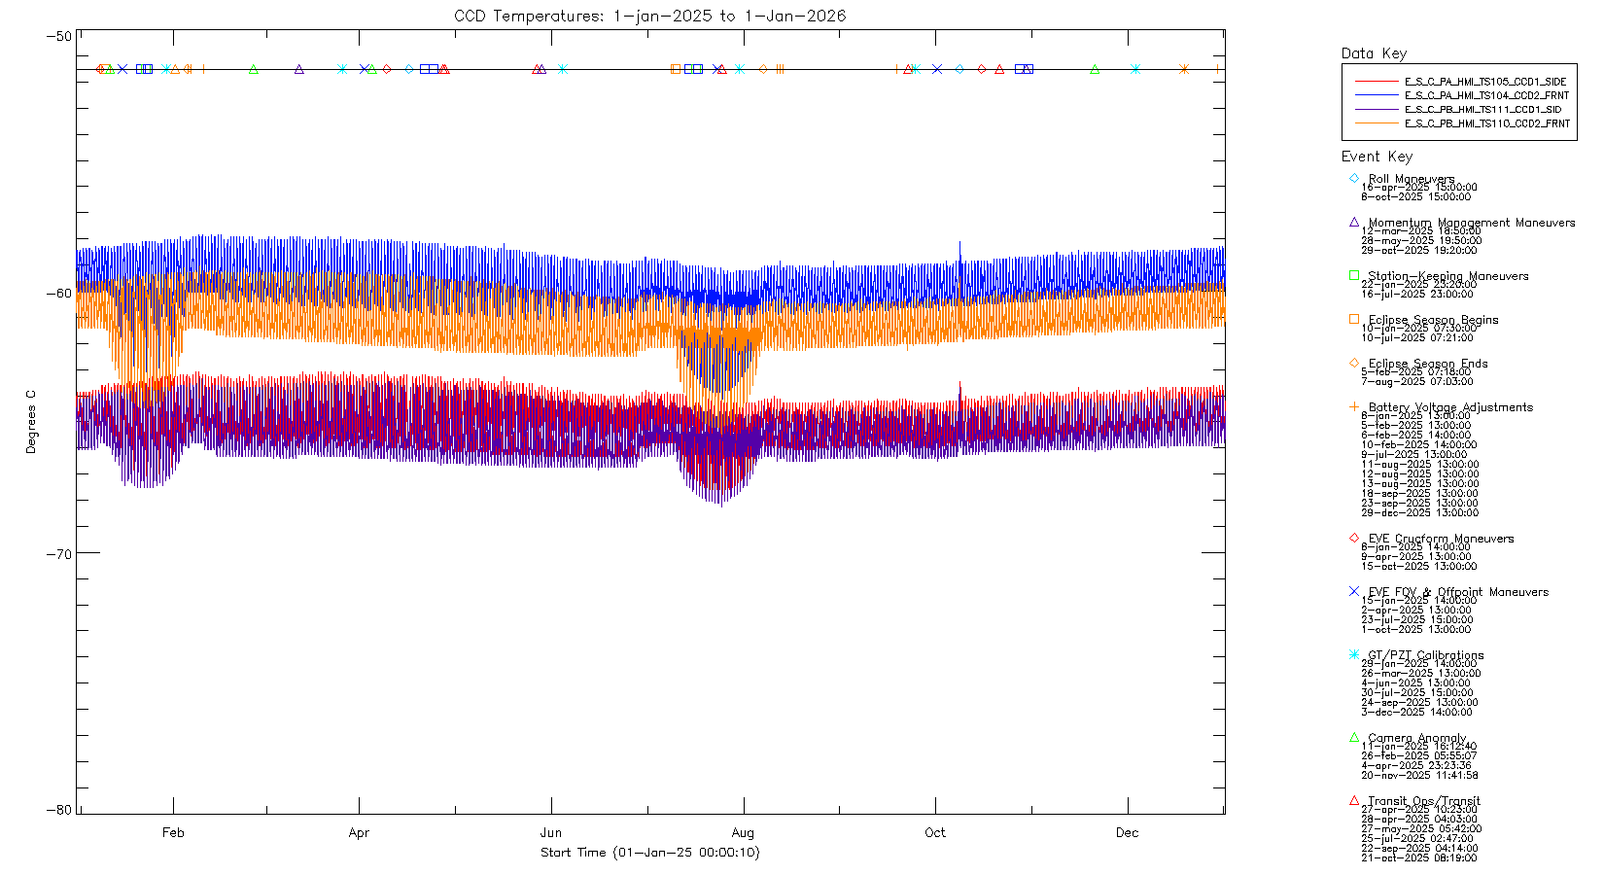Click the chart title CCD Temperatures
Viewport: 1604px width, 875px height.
click(x=649, y=16)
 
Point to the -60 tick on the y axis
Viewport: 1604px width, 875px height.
click(x=59, y=294)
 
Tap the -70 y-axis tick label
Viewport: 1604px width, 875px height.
click(x=59, y=554)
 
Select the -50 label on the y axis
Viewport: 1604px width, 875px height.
click(x=59, y=36)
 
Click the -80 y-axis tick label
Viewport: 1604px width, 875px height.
click(x=59, y=810)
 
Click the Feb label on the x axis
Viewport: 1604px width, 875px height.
click(x=173, y=832)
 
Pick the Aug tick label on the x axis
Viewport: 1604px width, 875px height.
click(x=743, y=832)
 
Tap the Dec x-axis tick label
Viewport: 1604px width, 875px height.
click(x=1127, y=832)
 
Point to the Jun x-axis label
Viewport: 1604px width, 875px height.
click(x=551, y=832)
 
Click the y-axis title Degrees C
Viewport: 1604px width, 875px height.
click(x=31, y=422)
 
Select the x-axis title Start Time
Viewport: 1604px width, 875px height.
click(x=649, y=853)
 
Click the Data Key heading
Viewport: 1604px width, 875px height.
click(x=1374, y=53)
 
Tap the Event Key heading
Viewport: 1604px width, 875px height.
click(x=1377, y=157)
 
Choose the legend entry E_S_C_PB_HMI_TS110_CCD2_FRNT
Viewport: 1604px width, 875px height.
click(x=1486, y=123)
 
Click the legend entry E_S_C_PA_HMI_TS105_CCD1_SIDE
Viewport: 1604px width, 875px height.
click(x=1485, y=82)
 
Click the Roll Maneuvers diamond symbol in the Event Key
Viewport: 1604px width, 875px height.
click(x=1354, y=178)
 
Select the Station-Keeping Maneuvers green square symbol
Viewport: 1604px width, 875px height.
click(x=1354, y=275)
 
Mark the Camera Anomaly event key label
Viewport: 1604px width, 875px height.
click(x=1417, y=738)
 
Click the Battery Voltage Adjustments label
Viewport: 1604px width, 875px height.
click(x=1450, y=407)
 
